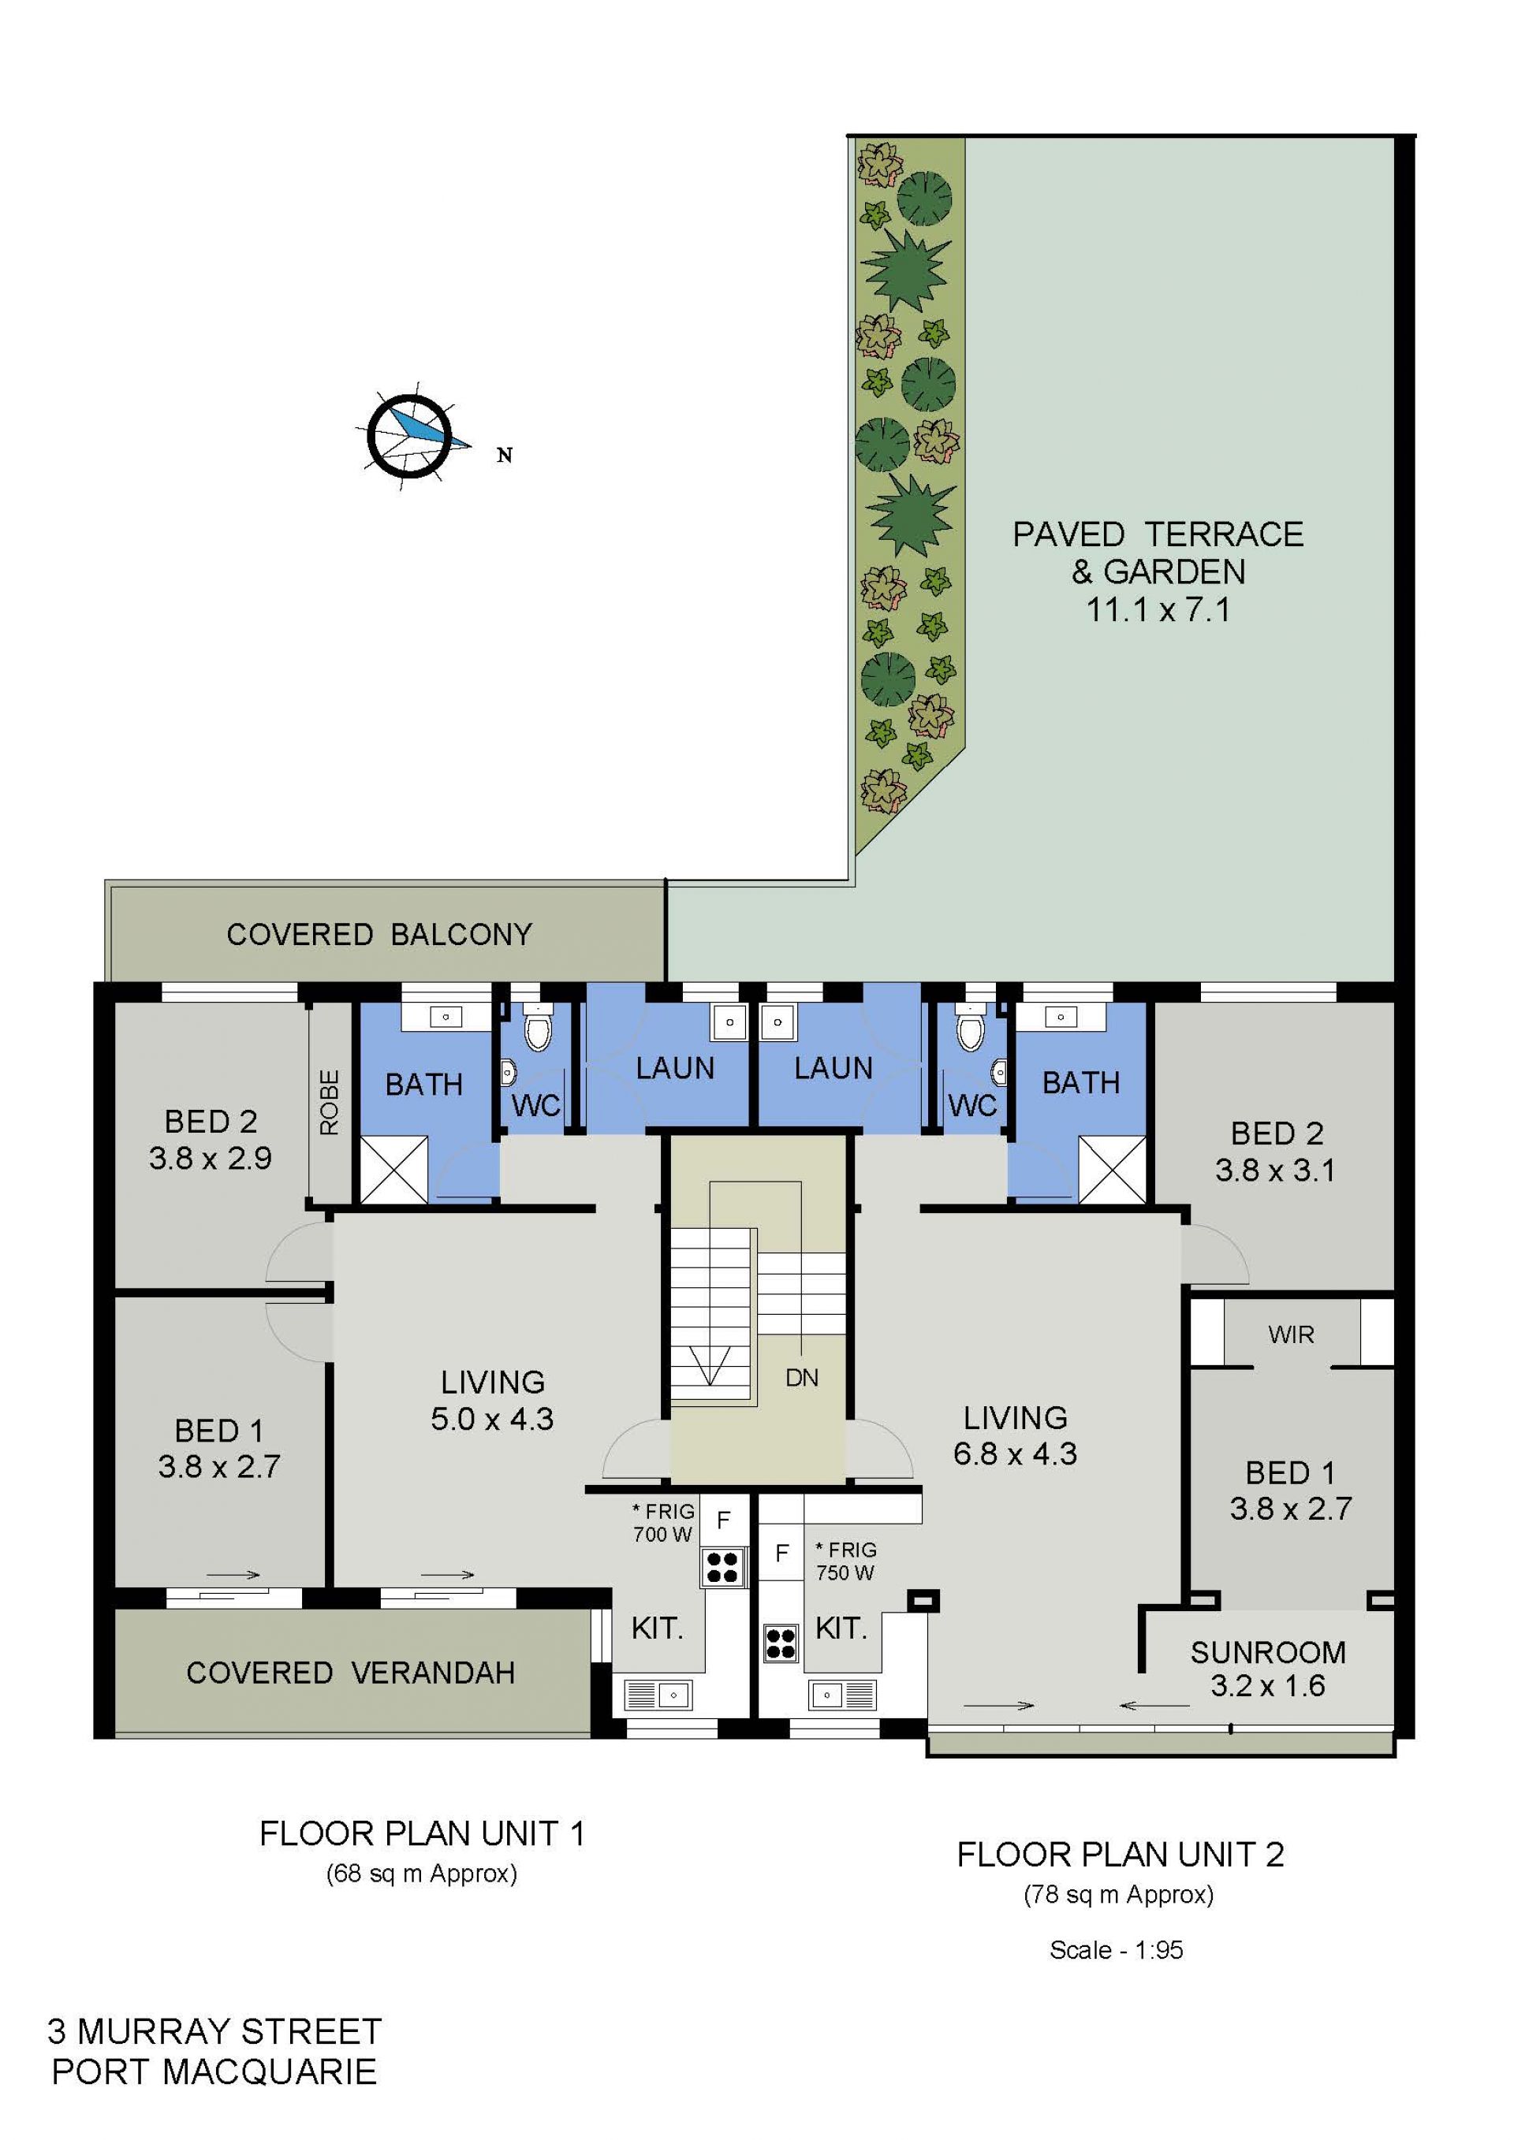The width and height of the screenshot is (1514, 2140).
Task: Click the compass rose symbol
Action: pos(408,435)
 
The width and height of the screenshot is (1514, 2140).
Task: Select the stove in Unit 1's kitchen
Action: pos(722,1567)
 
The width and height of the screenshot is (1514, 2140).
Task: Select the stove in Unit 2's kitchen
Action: pos(781,1643)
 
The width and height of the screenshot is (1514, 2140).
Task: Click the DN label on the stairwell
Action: pos(802,1378)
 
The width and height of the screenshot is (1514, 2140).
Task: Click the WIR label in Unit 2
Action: pos(1291,1334)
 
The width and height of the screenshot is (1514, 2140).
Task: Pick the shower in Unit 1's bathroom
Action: pos(393,1169)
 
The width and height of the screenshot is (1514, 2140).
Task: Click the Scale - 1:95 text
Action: pos(1116,1950)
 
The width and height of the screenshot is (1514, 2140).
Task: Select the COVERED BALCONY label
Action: pos(379,934)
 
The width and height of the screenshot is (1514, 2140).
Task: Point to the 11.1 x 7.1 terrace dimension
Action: pos(1158,609)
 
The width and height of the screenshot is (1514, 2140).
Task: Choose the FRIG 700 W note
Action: pos(664,1523)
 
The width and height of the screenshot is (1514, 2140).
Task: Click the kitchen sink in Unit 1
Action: pos(656,1692)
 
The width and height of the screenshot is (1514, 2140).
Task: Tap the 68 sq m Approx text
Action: pos(421,1874)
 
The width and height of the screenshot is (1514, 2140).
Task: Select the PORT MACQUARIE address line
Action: pos(214,2071)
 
